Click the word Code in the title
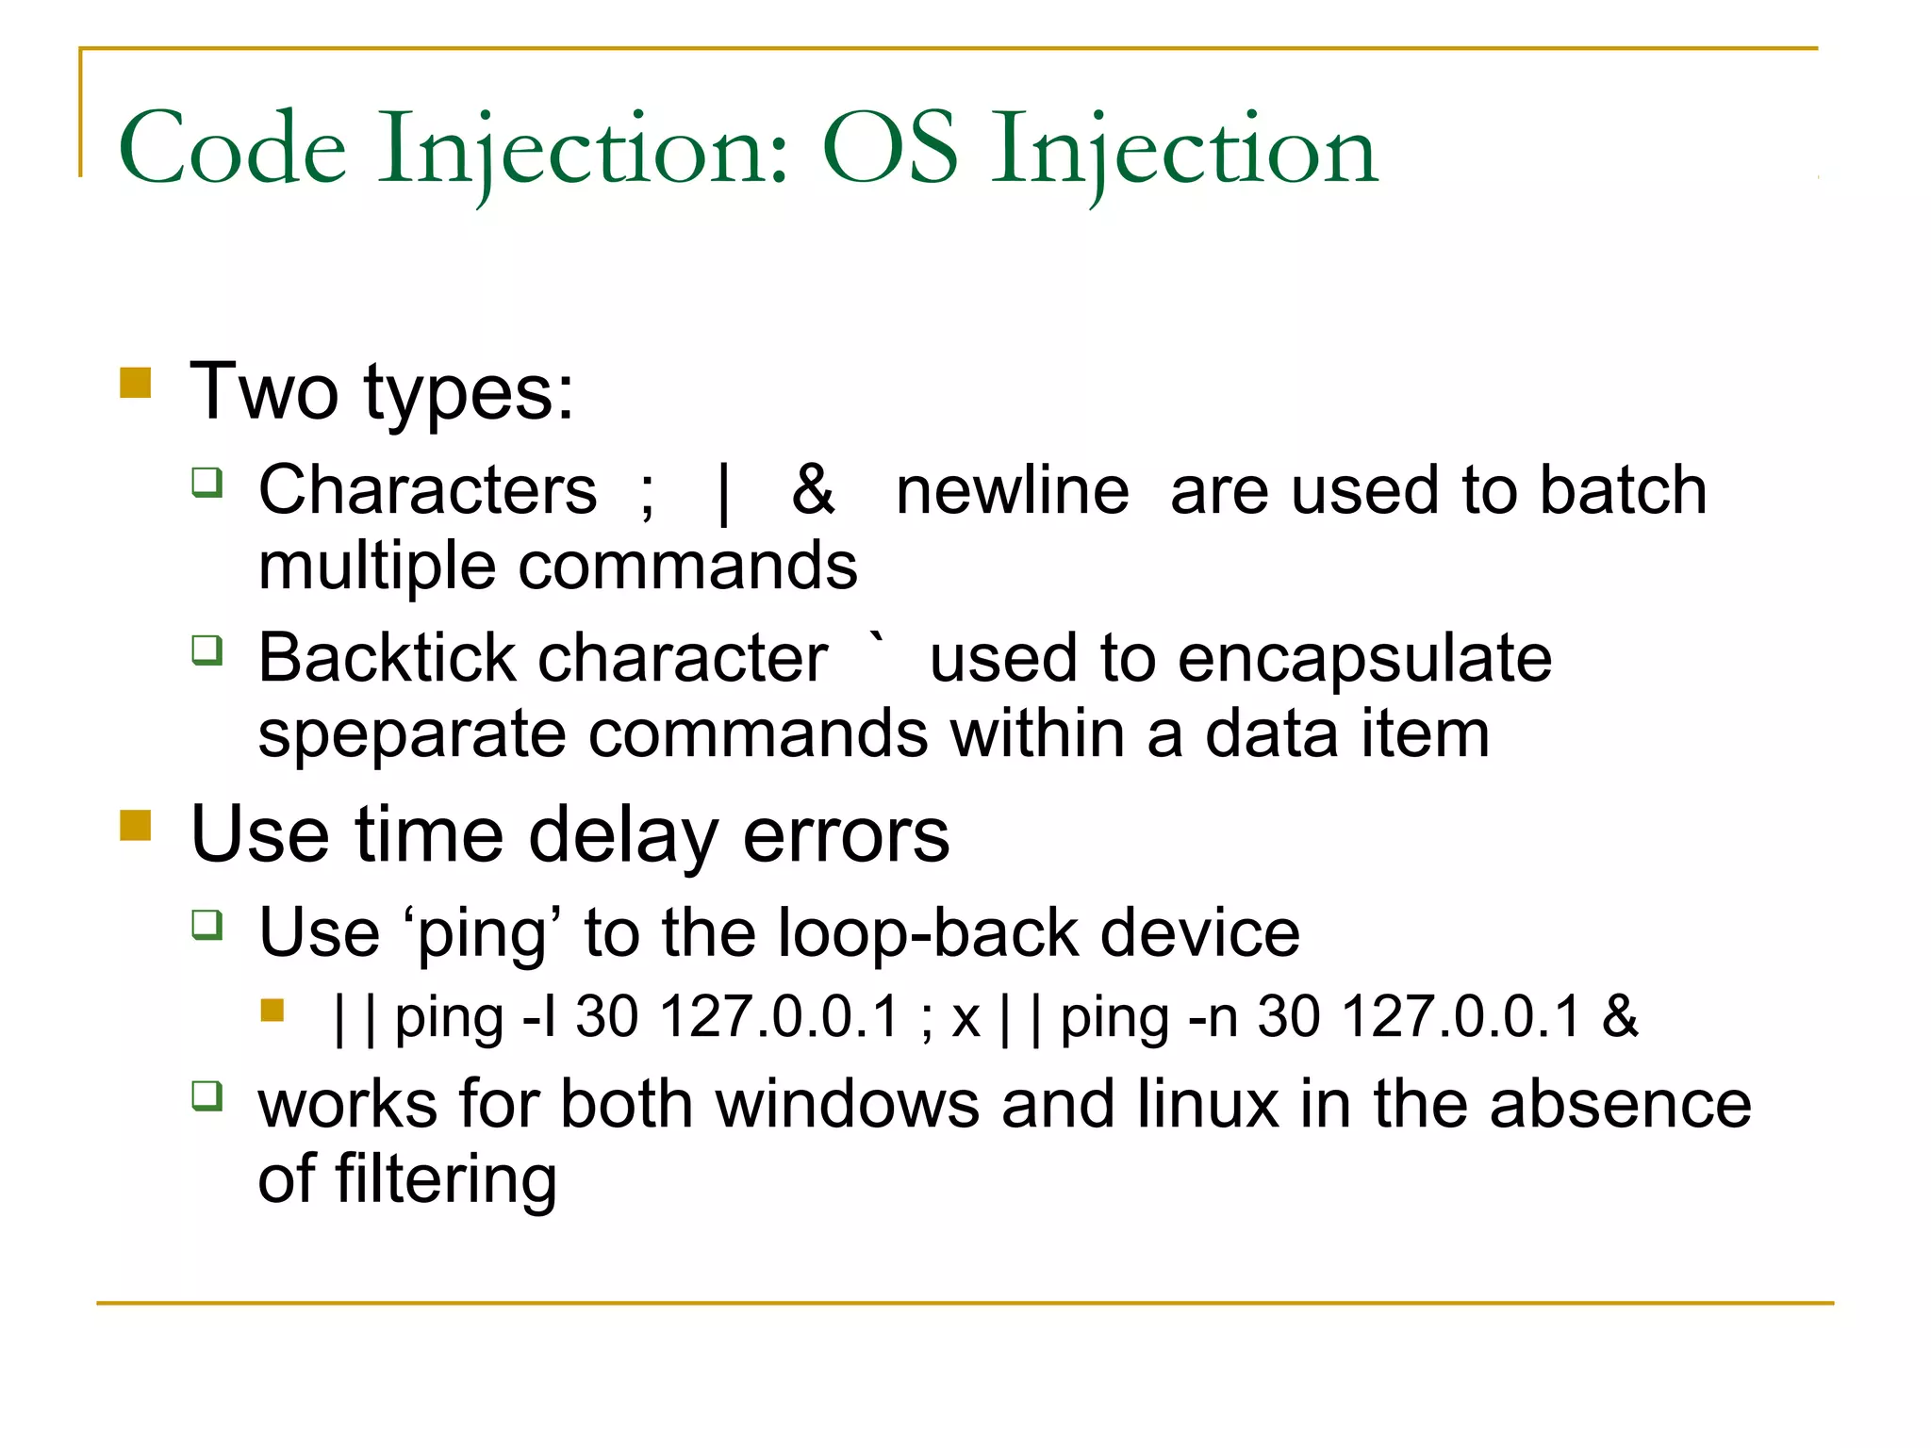(x=232, y=149)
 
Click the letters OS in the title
(x=890, y=149)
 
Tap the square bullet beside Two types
(x=136, y=384)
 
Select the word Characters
(x=428, y=490)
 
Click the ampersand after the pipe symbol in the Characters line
(x=813, y=490)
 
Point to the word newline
(x=1012, y=490)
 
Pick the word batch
(x=1623, y=490)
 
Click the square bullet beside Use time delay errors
(x=136, y=826)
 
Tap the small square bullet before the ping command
(x=272, y=1012)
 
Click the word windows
(x=847, y=1104)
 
